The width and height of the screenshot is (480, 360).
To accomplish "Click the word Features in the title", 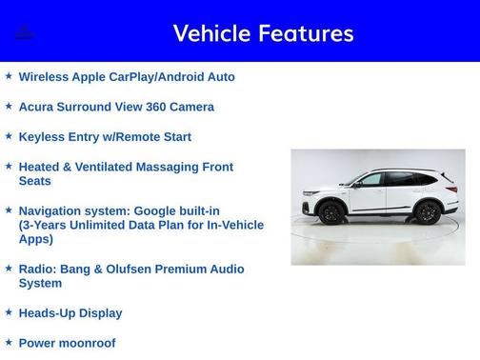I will tap(304, 33).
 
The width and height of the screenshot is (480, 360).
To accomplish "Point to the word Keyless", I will tap(43, 137).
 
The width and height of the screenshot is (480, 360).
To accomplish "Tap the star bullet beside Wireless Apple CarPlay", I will tap(9, 76).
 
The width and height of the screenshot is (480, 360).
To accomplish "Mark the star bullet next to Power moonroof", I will tap(9, 342).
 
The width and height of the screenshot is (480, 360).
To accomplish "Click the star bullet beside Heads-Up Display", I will tap(9, 312).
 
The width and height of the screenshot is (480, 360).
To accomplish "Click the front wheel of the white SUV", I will tap(331, 212).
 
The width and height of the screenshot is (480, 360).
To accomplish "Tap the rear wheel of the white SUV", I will tap(428, 212).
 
